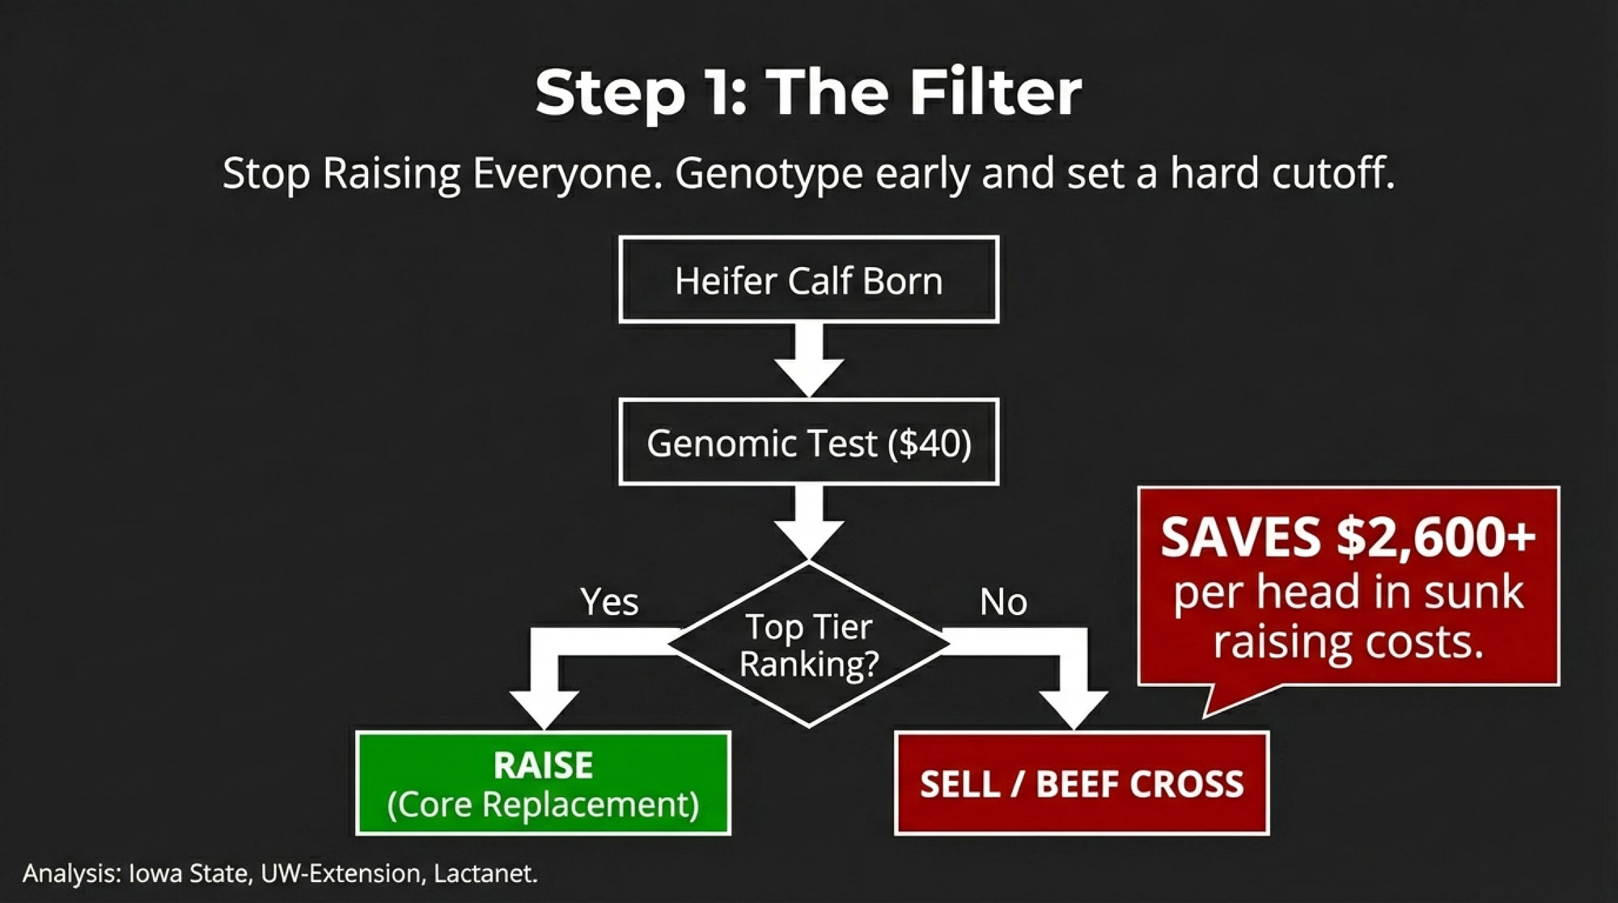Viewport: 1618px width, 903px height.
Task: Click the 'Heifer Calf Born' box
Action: [x=809, y=280]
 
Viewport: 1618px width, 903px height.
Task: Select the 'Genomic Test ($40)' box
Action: [x=809, y=443]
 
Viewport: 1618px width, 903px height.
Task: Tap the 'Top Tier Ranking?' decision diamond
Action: [x=809, y=644]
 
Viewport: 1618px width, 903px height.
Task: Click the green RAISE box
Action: [x=544, y=783]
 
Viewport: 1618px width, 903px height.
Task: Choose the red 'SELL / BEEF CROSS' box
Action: [x=1082, y=783]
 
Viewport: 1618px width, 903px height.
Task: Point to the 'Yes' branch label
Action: [x=609, y=602]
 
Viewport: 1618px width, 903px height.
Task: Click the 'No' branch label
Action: [x=1003, y=602]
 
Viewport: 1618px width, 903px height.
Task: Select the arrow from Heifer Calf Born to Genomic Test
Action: [x=809, y=360]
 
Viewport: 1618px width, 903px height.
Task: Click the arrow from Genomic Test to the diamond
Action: [x=809, y=523]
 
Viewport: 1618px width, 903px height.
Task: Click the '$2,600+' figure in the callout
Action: [x=1436, y=537]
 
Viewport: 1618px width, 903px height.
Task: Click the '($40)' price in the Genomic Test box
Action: [x=930, y=443]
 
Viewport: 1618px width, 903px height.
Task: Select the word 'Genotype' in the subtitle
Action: [x=769, y=175]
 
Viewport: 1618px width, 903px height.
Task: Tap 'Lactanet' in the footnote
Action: [x=484, y=874]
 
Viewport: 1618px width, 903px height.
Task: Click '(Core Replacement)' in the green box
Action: [x=544, y=804]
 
